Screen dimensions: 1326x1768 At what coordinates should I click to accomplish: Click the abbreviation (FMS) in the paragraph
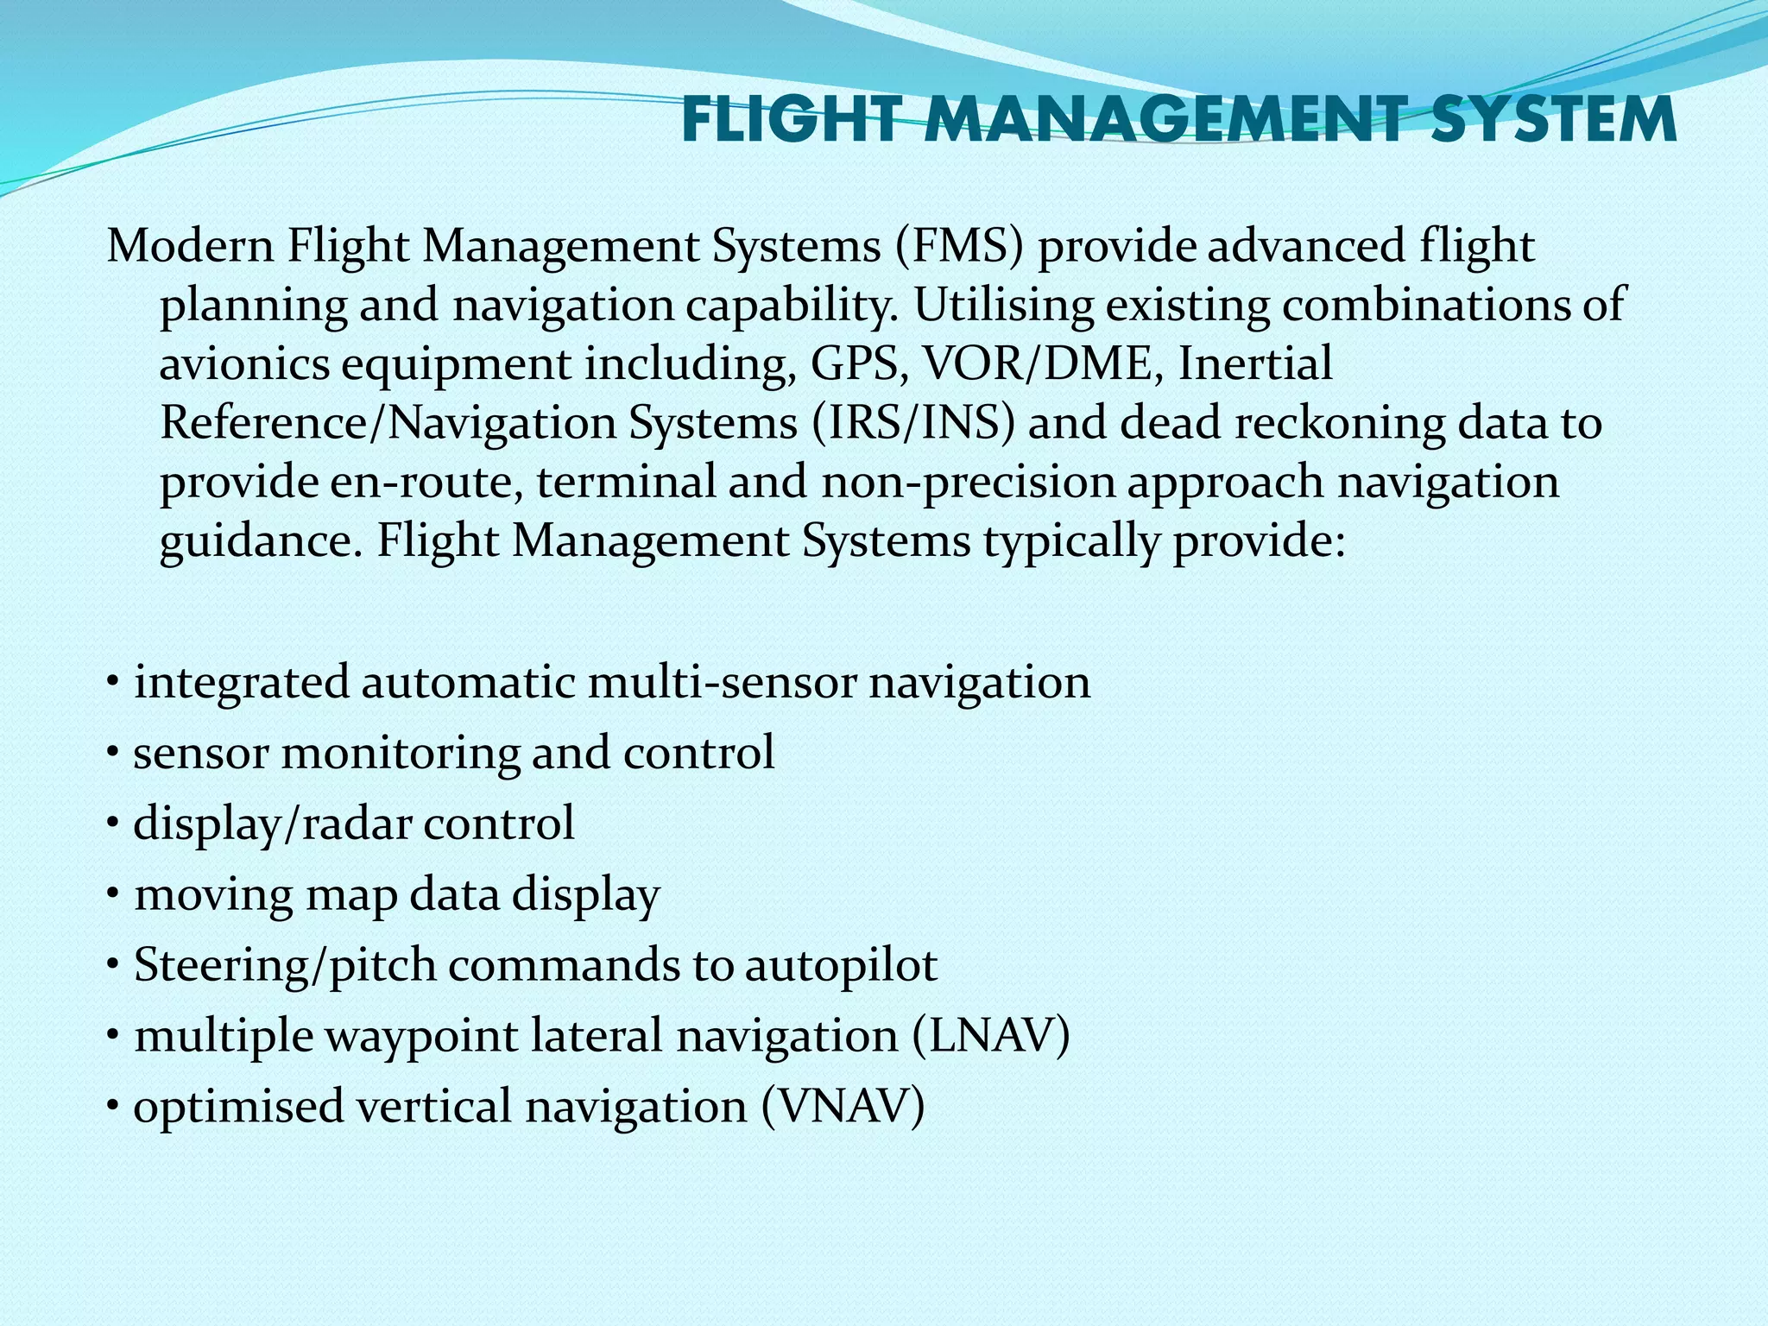click(x=959, y=246)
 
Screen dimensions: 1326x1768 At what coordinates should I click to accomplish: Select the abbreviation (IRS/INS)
click(x=913, y=423)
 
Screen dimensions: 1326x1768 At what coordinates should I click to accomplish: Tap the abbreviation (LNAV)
click(x=991, y=1035)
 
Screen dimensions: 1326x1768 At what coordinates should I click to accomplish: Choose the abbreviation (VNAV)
click(x=843, y=1106)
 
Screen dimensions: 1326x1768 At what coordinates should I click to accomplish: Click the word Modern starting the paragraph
click(x=191, y=246)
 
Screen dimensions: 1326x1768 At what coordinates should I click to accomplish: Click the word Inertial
click(x=1255, y=363)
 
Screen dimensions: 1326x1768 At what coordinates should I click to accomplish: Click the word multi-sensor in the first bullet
click(x=724, y=682)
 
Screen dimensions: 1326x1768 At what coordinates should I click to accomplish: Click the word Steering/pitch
click(x=285, y=965)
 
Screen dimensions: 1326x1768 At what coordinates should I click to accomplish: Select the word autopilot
click(x=841, y=965)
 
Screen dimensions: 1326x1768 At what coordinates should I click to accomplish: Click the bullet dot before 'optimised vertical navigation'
click(x=113, y=1105)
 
